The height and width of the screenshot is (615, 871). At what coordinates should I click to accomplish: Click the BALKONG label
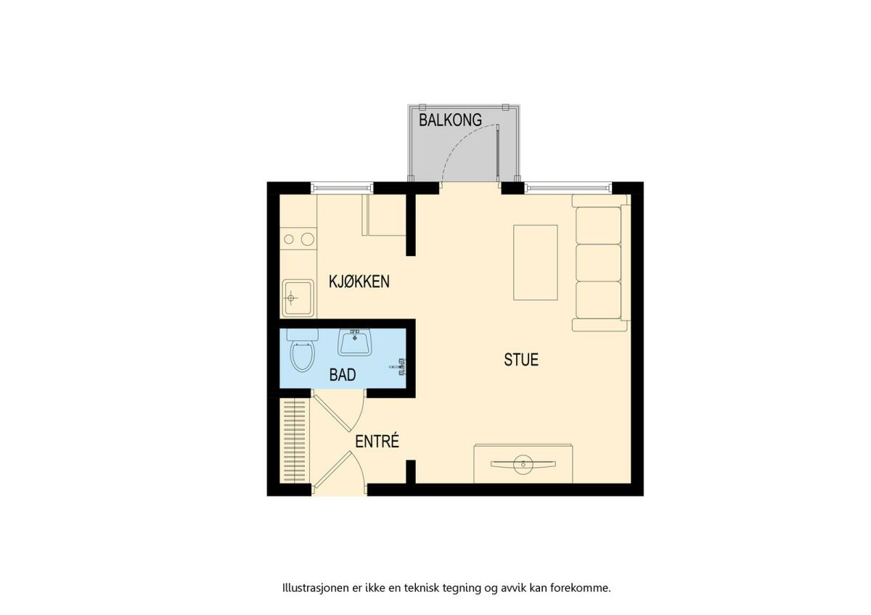[450, 120]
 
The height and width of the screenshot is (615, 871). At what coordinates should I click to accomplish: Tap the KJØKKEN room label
[359, 281]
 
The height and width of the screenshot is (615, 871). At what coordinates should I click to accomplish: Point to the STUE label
[521, 360]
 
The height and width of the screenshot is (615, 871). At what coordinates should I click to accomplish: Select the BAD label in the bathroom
[342, 374]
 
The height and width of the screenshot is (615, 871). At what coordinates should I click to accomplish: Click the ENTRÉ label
[377, 442]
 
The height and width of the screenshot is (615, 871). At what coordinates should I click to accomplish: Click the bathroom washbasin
[354, 342]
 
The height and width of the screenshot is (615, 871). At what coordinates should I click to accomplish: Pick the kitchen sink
[298, 298]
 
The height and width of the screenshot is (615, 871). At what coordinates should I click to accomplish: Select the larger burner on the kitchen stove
[308, 239]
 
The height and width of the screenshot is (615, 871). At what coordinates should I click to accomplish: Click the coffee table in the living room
[536, 263]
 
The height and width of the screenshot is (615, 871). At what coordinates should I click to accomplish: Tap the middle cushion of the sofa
[598, 263]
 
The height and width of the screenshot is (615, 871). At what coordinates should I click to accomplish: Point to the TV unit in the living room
[523, 463]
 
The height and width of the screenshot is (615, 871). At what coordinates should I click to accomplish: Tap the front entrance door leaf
[332, 469]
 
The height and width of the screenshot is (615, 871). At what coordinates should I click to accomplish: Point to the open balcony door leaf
[498, 153]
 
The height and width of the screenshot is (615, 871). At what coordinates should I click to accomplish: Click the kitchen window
[342, 189]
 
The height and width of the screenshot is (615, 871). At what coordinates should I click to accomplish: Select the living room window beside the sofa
[568, 189]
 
